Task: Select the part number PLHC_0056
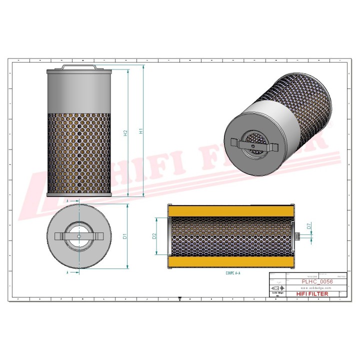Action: click(x=317, y=281)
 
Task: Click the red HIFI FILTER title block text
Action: click(x=312, y=294)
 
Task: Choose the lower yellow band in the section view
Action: click(x=231, y=262)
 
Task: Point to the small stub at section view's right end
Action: click(x=297, y=236)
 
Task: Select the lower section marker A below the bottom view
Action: click(x=67, y=273)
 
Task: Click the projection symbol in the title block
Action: click(x=276, y=289)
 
